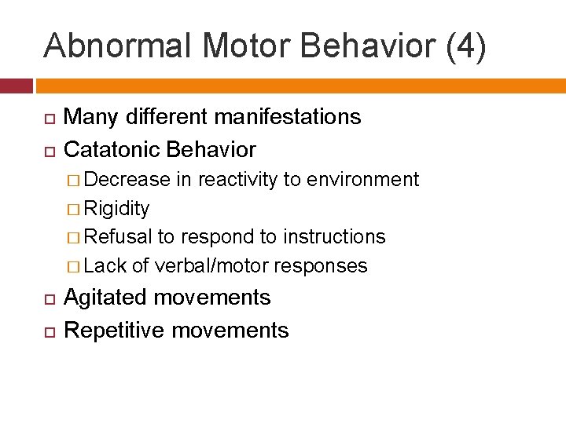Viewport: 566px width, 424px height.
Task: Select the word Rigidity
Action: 116,208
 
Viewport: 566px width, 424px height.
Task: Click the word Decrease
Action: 127,179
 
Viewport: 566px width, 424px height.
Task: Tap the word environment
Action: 364,179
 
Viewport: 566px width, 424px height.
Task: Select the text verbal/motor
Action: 211,266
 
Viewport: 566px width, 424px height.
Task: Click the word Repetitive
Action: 115,331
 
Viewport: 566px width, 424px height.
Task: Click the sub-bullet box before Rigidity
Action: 73,209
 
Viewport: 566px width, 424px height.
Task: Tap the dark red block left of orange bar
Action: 16,85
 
